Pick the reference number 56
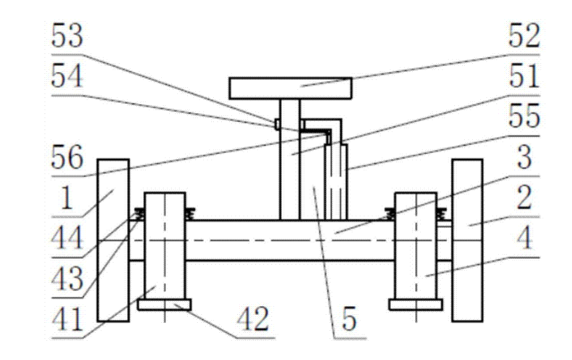tap(68, 160)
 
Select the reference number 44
tap(68, 240)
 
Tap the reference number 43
tap(68, 279)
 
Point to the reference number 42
tap(253, 320)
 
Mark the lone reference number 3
tap(524, 159)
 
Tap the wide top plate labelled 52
tap(290, 88)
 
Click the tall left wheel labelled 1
tap(113, 240)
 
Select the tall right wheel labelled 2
tap(467, 240)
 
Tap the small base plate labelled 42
tap(165, 305)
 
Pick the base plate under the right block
tap(416, 305)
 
